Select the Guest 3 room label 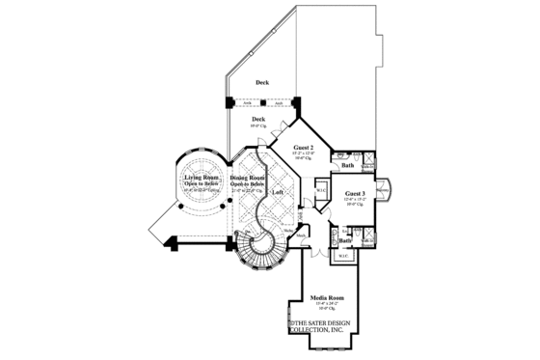[354, 193]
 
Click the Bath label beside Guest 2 [348, 166]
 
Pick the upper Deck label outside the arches [261, 83]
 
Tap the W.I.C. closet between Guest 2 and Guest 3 [320, 190]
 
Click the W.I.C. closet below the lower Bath [344, 256]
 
